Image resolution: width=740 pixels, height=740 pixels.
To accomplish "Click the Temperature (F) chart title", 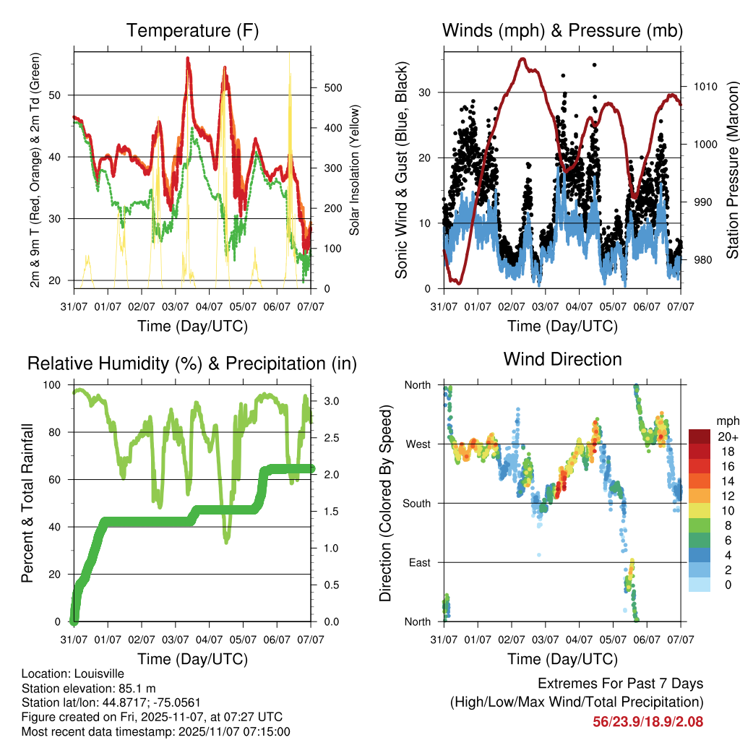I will [192, 31].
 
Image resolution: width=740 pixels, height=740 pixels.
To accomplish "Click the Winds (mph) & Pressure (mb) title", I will [562, 31].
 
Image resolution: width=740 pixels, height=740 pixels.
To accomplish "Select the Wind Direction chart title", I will [562, 359].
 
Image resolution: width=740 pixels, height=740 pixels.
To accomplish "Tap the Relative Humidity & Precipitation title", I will [192, 363].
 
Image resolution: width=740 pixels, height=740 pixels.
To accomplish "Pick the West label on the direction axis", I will [417, 444].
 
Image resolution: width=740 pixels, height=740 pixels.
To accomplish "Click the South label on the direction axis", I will [417, 503].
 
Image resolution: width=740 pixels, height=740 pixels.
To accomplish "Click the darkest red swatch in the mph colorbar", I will [700, 436].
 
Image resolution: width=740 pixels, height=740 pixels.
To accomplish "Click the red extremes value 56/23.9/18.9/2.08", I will [647, 721].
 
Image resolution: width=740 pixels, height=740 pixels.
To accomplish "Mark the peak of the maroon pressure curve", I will [522, 59].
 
